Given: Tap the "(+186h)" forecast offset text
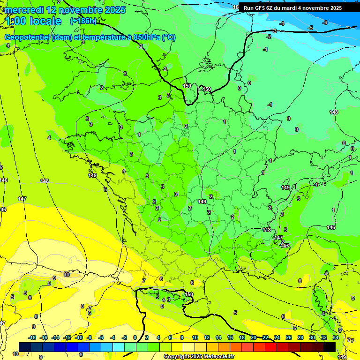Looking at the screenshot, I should [83, 21].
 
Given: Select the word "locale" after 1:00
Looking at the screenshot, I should [45, 21].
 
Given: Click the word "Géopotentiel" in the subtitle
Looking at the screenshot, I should [27, 37].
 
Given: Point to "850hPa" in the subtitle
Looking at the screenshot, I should [144, 37].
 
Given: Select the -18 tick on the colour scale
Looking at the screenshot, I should [32, 337].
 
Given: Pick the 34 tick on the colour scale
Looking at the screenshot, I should [336, 337].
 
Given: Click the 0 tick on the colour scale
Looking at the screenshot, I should [135, 337].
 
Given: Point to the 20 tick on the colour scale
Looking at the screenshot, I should [254, 337].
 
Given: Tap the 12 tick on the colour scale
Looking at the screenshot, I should [207, 337].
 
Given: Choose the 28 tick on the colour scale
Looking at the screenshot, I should [300, 337].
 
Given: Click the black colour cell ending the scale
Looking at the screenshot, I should [330, 347].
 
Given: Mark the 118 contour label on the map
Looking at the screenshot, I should [267, 230].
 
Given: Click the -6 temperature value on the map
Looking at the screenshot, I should [324, 22].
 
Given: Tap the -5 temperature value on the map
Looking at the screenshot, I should [310, 28].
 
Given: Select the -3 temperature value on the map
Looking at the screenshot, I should [274, 31].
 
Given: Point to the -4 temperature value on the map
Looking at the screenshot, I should [282, 23].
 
